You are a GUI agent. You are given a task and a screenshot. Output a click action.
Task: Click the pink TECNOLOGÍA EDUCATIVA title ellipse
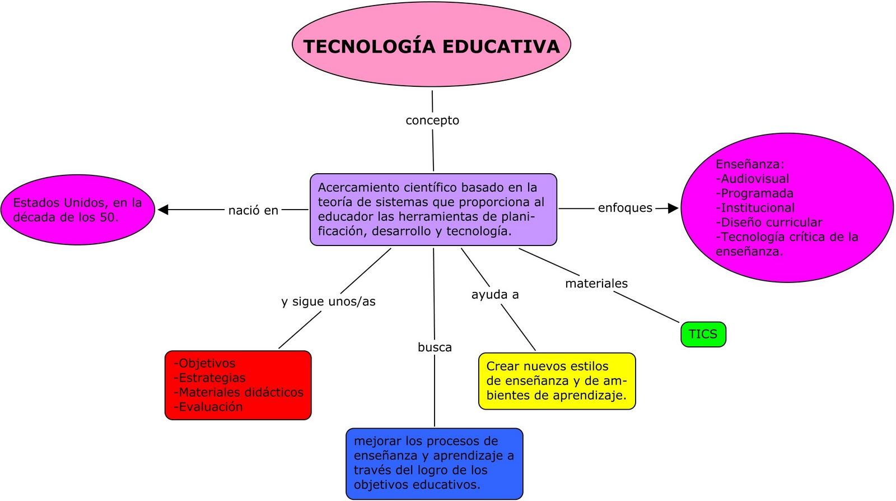point(431,45)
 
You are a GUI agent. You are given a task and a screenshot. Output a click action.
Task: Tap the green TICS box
point(703,334)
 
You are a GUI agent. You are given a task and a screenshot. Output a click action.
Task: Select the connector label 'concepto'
point(432,120)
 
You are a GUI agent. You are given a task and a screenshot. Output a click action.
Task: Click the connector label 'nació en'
point(253,211)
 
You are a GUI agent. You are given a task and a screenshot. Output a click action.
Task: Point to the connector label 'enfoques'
point(625,208)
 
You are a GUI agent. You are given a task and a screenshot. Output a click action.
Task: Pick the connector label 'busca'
point(435,347)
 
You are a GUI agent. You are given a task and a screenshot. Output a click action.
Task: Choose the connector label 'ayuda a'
point(495,295)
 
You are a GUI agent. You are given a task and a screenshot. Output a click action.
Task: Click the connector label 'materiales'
point(596,284)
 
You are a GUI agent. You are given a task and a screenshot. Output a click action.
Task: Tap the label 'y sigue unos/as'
point(328,301)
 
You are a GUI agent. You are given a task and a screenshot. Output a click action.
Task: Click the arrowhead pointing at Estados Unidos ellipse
point(163,210)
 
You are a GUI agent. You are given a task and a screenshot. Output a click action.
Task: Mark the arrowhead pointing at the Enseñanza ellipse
point(673,208)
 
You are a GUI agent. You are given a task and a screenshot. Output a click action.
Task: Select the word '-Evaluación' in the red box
point(208,407)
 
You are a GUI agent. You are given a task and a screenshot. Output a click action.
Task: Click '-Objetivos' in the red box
point(204,363)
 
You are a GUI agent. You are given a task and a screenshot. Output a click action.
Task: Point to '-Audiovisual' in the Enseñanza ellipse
point(753,179)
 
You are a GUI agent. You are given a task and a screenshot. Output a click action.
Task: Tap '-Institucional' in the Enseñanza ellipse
point(755,208)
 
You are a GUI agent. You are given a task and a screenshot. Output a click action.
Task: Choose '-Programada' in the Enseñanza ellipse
point(754,193)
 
